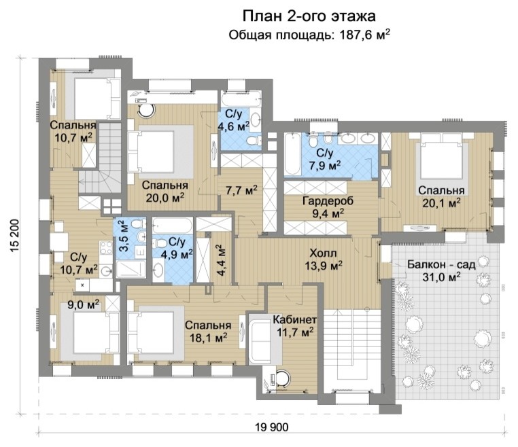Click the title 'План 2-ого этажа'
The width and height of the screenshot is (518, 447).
click(309, 16)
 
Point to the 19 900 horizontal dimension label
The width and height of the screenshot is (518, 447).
click(272, 427)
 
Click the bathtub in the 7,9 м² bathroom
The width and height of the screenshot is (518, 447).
click(295, 155)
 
